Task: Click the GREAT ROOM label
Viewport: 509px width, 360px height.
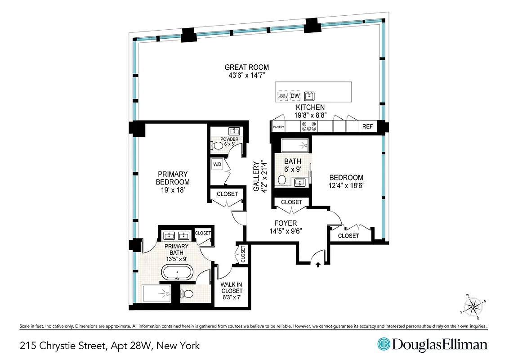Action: click(247, 67)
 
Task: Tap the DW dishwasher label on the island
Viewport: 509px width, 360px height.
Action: click(295, 96)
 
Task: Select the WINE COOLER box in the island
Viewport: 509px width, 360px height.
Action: click(283, 95)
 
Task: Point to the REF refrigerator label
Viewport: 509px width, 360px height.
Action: click(367, 127)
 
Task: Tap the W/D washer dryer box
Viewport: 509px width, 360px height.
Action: click(217, 164)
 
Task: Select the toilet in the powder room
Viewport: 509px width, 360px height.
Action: click(217, 146)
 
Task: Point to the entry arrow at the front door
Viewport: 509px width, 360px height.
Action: click(318, 265)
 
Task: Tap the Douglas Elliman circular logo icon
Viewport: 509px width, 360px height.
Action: click(383, 345)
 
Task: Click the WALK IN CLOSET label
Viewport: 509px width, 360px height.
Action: click(232, 291)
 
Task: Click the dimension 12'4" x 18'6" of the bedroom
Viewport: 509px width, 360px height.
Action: click(346, 185)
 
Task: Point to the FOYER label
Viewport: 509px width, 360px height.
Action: click(286, 223)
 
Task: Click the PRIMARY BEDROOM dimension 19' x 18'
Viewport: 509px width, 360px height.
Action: click(172, 190)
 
